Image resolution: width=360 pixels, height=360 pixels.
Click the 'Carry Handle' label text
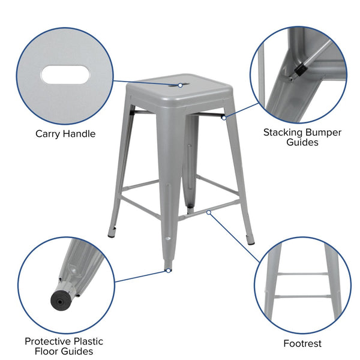coord(65,134)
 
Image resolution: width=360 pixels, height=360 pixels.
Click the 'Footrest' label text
coord(302,344)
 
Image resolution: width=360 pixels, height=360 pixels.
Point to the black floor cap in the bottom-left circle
coord(59,298)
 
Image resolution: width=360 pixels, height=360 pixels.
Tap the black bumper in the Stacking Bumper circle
coord(297,71)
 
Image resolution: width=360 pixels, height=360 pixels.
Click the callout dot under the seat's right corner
coord(223,118)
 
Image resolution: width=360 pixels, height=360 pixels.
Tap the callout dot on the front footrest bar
coord(208,212)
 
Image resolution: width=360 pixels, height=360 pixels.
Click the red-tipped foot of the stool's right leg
coord(251,242)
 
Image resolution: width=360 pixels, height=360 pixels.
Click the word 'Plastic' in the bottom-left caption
coord(83,341)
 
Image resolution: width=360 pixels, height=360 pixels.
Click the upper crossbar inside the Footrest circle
coord(302,274)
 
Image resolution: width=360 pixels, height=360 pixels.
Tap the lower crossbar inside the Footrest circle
coord(302,296)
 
